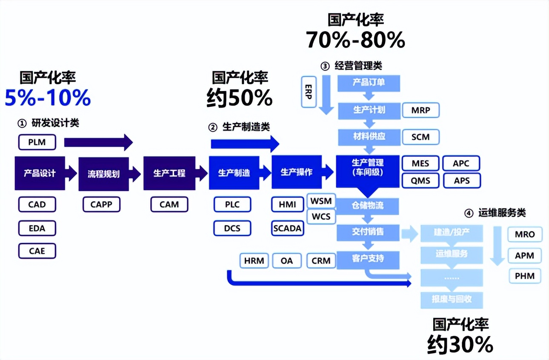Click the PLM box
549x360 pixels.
[37, 142]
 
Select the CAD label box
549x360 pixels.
[37, 205]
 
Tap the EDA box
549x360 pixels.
[37, 228]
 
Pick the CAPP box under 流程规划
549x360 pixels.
[102, 205]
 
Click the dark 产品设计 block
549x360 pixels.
[40, 173]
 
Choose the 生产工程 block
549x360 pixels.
[169, 173]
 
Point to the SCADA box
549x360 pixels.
[287, 228]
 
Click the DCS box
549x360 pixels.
[232, 228]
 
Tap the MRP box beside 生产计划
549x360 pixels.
[420, 111]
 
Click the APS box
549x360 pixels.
[461, 181]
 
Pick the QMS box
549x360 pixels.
[420, 181]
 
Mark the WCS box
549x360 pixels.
[321, 217]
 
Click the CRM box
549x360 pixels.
[321, 260]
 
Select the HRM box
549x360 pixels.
[254, 260]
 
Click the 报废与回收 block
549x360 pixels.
[452, 299]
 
